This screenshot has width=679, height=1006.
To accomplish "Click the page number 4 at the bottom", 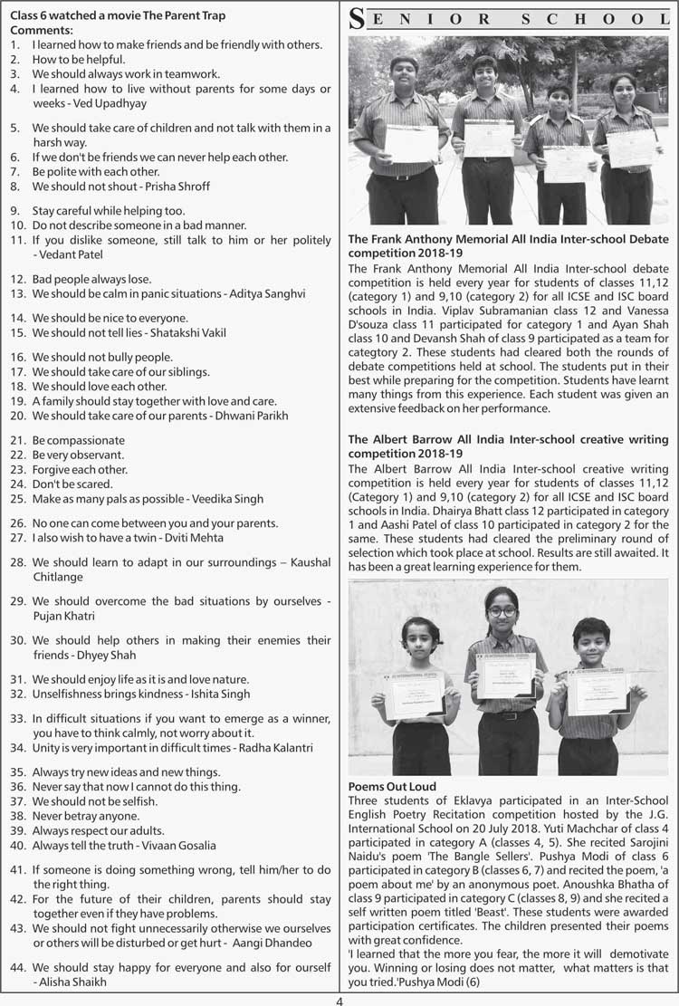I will point(339,1000).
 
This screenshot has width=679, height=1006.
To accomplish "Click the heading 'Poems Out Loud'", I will point(392,787).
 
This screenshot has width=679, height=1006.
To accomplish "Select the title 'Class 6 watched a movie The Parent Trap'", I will point(118,15).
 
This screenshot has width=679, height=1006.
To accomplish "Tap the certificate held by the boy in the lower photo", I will point(598,693).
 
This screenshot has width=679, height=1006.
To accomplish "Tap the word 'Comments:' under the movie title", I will point(40,30).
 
